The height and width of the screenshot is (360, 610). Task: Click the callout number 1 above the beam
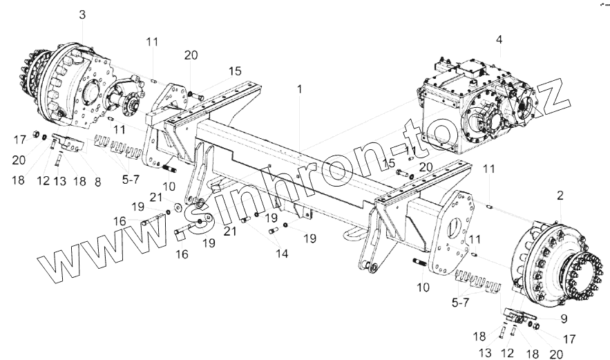299,90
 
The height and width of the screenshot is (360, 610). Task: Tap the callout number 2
560,196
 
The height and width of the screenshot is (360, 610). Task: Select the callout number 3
82,15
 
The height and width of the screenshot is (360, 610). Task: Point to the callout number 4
499,39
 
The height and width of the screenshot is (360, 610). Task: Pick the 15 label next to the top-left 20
235,71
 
